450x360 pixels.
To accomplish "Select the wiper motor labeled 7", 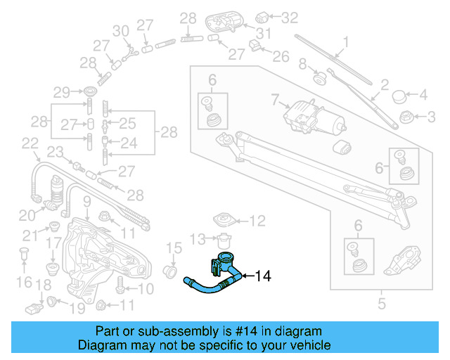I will click(x=309, y=115).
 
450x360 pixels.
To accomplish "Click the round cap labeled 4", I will click(x=399, y=95).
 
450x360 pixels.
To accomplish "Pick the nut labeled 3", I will click(x=405, y=115).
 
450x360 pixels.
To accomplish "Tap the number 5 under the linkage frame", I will click(x=382, y=304).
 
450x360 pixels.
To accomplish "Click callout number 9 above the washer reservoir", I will click(x=86, y=202).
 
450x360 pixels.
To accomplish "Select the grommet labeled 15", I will click(x=169, y=270).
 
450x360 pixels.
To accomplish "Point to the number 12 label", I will click(x=257, y=221).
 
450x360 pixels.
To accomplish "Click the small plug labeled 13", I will click(x=224, y=240).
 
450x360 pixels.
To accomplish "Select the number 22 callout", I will click(x=30, y=143).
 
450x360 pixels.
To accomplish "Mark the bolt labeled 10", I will click(x=121, y=288).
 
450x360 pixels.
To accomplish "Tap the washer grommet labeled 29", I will click(x=90, y=92).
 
